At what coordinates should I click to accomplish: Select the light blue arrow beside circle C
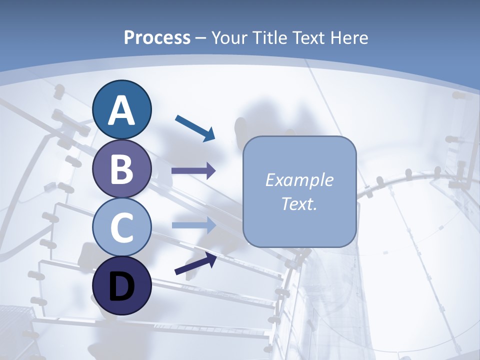click(193, 225)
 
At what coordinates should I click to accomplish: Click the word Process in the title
click(157, 37)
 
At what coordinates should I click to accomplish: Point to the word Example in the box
click(299, 180)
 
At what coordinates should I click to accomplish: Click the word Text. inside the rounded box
click(299, 204)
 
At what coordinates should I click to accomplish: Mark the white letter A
click(122, 111)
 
